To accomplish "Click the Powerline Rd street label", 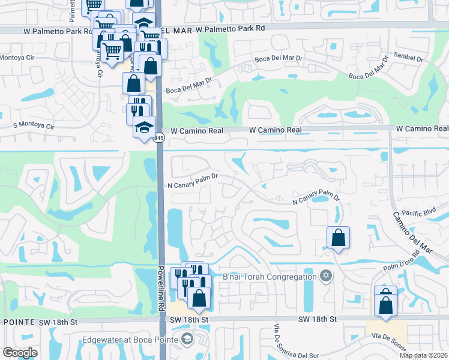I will tap(162, 287).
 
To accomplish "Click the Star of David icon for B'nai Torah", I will tap(326, 276).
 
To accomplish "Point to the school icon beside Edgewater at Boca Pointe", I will tap(187, 340).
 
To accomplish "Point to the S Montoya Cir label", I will tap(34, 127).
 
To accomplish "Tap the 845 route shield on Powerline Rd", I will tap(158, 139).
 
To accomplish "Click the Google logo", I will tap(20, 353).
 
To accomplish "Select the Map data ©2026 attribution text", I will tap(423, 355).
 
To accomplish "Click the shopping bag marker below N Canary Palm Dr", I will tap(339, 238).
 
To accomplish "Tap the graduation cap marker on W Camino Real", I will tap(144, 127).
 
